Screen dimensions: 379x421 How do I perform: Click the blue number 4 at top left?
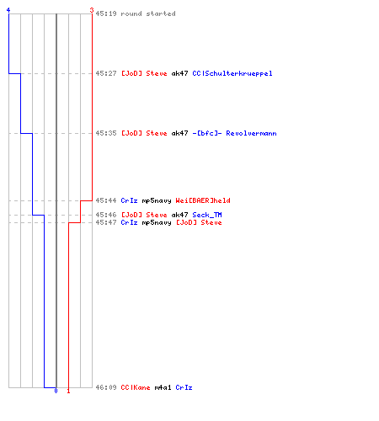tap(8, 10)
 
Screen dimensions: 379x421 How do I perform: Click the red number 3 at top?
tap(92, 10)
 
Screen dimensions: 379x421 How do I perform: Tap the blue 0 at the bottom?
tap(56, 391)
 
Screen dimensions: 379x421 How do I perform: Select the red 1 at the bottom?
tap(68, 391)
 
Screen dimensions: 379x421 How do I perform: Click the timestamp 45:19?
tap(106, 13)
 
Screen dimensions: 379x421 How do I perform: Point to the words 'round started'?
tap(148, 13)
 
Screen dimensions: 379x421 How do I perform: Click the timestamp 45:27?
tap(106, 73)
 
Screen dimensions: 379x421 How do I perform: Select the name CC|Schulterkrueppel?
tap(232, 73)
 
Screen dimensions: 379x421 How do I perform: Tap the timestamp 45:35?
tap(106, 133)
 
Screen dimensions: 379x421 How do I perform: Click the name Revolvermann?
tap(251, 133)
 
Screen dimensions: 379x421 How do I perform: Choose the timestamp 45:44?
tap(106, 200)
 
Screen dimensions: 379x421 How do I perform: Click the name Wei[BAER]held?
tap(203, 200)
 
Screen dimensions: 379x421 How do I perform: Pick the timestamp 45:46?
tap(106, 215)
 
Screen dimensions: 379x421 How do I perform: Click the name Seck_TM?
tap(207, 215)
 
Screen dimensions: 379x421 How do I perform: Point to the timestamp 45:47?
tap(106, 222)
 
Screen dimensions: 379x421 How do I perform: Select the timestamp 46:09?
tap(106, 387)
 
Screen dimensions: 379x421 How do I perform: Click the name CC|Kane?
tap(136, 387)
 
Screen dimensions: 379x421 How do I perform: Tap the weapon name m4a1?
tap(163, 387)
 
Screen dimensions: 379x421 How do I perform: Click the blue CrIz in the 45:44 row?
tap(129, 200)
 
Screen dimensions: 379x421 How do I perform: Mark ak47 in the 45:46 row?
tap(179, 215)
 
